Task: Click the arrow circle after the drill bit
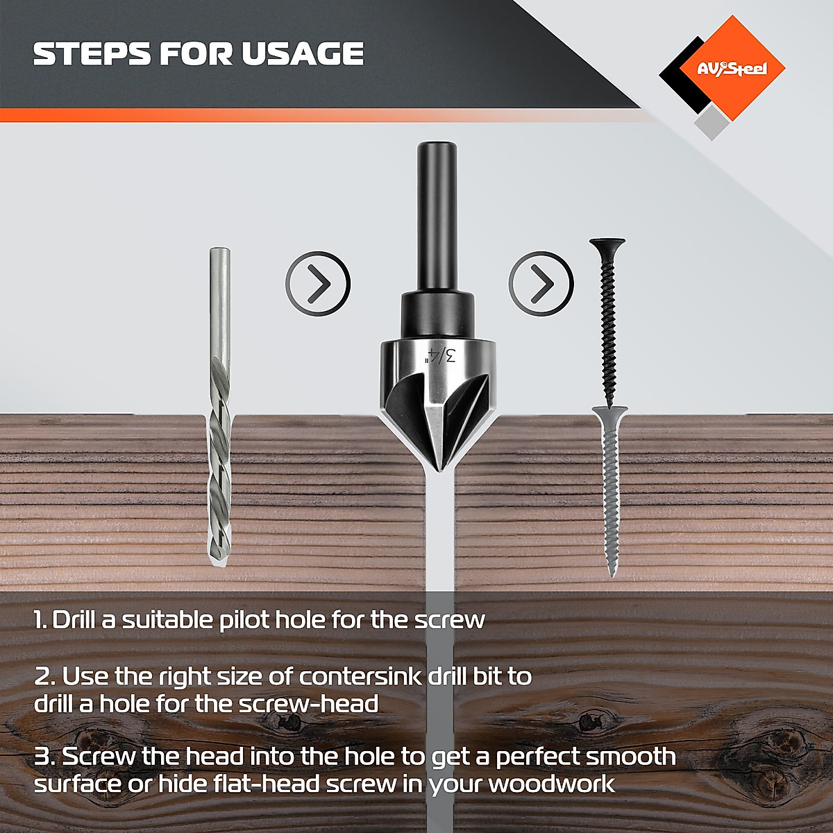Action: (318, 283)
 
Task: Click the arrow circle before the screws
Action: (541, 283)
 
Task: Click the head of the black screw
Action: (608, 244)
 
